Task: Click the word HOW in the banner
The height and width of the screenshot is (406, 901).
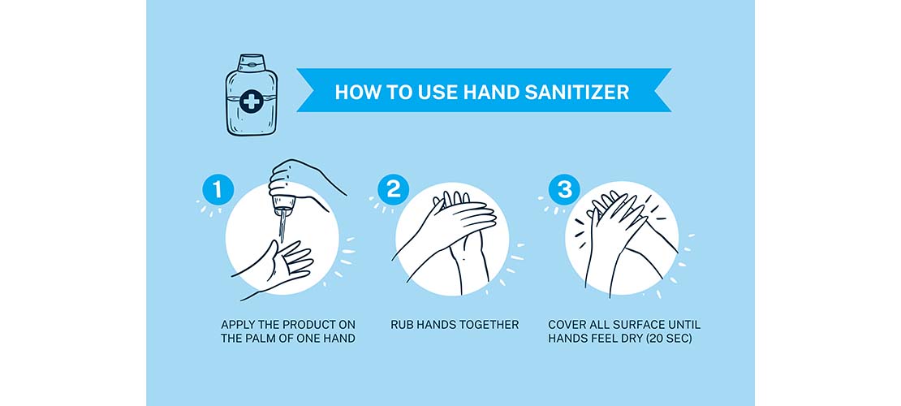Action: pyautogui.click(x=354, y=92)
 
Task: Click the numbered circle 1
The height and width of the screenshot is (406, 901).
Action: pyautogui.click(x=218, y=190)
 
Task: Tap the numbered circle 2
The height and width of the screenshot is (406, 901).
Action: pyautogui.click(x=394, y=190)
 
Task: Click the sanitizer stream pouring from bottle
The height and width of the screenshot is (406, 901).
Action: pyautogui.click(x=282, y=223)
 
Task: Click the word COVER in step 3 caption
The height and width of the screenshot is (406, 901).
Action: pyautogui.click(x=568, y=325)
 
